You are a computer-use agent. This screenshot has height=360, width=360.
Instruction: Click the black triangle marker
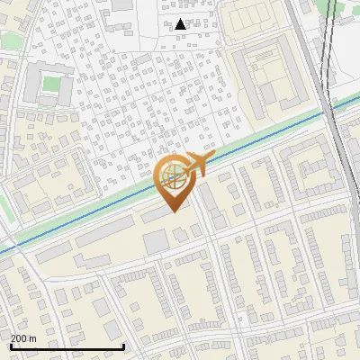point(181,24)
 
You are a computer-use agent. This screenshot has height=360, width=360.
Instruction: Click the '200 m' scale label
point(24,338)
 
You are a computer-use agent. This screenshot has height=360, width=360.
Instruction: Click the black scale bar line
point(67,346)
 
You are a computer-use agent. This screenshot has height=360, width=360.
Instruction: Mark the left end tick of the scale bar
point(11,345)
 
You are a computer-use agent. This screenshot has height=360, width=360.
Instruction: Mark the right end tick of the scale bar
point(123,345)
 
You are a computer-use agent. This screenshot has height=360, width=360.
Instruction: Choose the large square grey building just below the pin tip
point(157,240)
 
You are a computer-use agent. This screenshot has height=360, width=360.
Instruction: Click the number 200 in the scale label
point(20,338)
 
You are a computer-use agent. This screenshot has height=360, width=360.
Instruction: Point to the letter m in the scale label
point(33,338)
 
